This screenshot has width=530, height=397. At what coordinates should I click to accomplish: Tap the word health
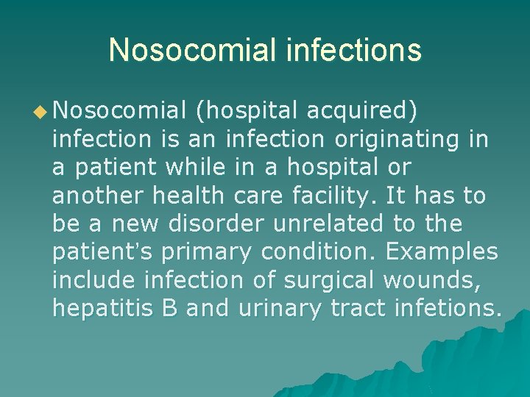pyautogui.click(x=188, y=196)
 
